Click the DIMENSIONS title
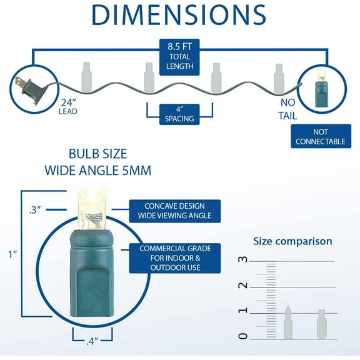coord(179,15)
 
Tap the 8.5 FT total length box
coord(179,57)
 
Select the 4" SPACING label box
coord(179,114)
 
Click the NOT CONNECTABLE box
coord(321,136)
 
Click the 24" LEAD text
coord(68,107)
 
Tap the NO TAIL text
coord(288,109)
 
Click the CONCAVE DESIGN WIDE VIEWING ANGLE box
coord(175,211)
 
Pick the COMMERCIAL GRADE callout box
coord(175,258)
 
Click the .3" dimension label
coord(35,210)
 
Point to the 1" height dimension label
coord(13,254)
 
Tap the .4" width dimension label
coord(92,341)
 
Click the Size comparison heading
coord(292,241)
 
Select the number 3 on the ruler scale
coord(243,259)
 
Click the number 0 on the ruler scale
coord(243,336)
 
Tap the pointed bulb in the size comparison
coord(288,322)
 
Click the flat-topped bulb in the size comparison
coord(322,324)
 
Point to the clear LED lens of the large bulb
coord(92,209)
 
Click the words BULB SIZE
coord(97,154)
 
